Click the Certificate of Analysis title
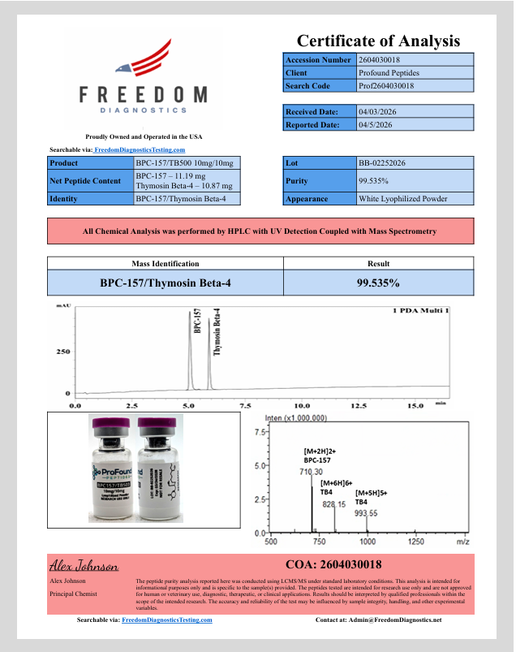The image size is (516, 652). point(378,41)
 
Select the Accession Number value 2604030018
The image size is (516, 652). point(385,60)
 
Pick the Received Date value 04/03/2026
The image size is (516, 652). point(376,112)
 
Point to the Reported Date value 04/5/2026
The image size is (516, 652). point(375,125)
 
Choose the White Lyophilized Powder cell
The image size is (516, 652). point(402,199)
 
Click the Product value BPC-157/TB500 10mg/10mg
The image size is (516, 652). point(185,163)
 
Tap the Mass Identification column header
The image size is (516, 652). point(165,264)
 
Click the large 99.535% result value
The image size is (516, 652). point(378,283)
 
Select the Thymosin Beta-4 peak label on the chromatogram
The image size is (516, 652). point(217,332)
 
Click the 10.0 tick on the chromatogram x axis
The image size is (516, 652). point(303,404)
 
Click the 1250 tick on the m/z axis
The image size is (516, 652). point(415,542)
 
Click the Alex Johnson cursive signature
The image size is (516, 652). point(84,565)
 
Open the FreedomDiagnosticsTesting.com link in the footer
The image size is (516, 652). point(167,620)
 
